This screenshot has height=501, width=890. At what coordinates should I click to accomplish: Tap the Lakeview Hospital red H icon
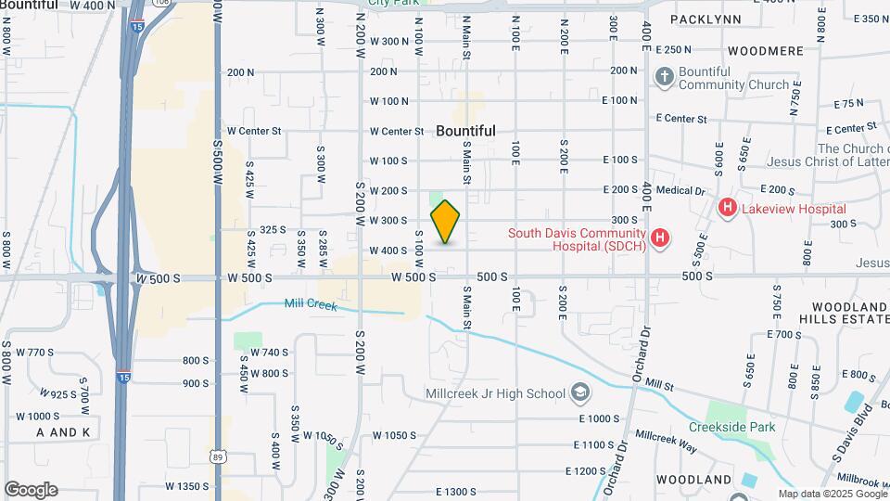(728, 209)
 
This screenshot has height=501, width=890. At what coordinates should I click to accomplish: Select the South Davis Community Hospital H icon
(659, 238)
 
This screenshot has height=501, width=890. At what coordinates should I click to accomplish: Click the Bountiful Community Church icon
(664, 78)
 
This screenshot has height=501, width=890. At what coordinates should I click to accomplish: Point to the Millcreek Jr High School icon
(580, 393)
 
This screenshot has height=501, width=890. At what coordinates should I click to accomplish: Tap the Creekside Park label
(731, 428)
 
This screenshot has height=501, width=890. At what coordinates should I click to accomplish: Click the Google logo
(31, 490)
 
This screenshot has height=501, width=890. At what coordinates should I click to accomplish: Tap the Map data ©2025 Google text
(833, 494)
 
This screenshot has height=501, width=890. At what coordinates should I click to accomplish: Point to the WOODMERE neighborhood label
(765, 51)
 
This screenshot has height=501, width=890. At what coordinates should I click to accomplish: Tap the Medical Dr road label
(680, 190)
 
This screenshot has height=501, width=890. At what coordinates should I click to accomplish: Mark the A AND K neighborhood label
(63, 432)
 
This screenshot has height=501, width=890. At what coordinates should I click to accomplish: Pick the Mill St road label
(658, 383)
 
